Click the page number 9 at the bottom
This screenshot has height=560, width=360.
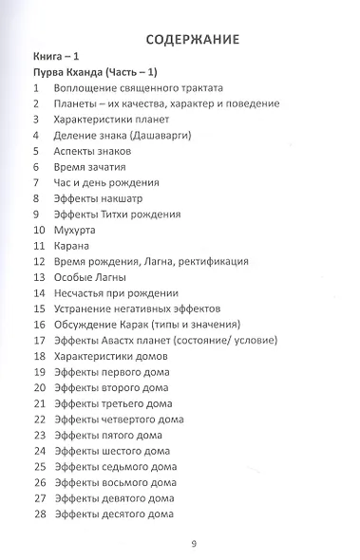point(193,543)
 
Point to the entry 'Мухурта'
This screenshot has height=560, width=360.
point(80,230)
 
